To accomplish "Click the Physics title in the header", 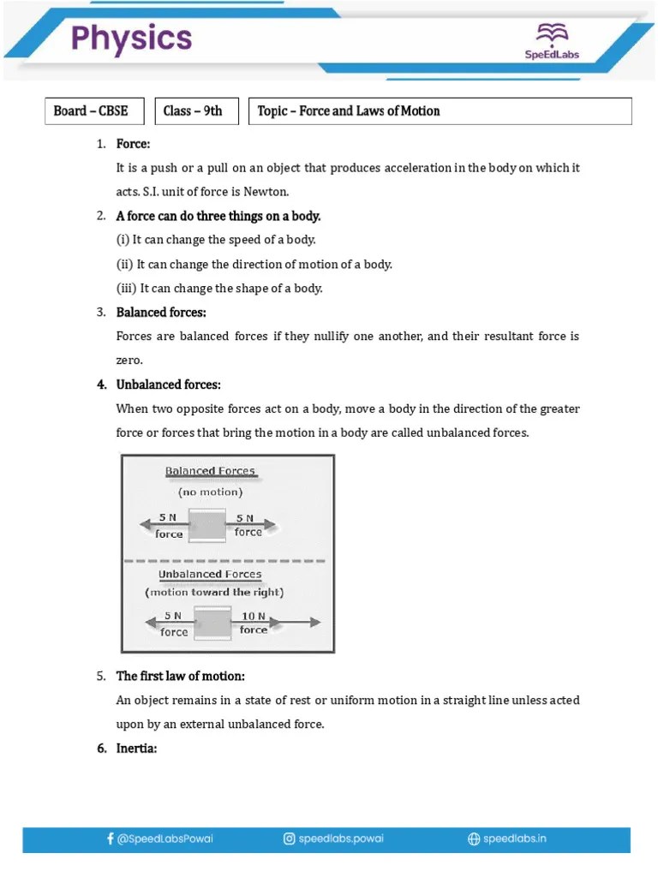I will click(x=131, y=39).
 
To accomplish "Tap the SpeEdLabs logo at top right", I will click(x=552, y=41).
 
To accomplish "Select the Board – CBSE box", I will click(x=94, y=111).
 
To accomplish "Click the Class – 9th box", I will click(x=195, y=111).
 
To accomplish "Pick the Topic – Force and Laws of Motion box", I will click(x=440, y=111).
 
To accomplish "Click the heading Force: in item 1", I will click(x=133, y=144).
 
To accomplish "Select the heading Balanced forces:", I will click(x=161, y=313).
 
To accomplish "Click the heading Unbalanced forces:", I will click(x=168, y=385).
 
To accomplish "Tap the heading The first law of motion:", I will click(x=186, y=677).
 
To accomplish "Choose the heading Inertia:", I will click(x=137, y=749).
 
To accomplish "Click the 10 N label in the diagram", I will click(x=254, y=616).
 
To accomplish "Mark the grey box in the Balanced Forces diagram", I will click(x=207, y=525).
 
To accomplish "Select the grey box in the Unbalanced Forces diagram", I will click(x=212, y=623).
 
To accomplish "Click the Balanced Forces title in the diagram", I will click(x=210, y=472).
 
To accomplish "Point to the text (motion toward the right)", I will click(x=214, y=592).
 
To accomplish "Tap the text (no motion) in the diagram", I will click(x=210, y=492).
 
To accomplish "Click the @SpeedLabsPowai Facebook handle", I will click(x=159, y=839).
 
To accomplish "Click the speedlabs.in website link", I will click(x=506, y=839).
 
